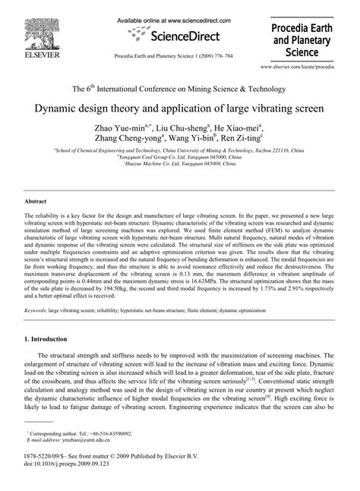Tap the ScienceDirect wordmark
(x=179, y=35)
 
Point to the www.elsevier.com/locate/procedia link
(x=307, y=68)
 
